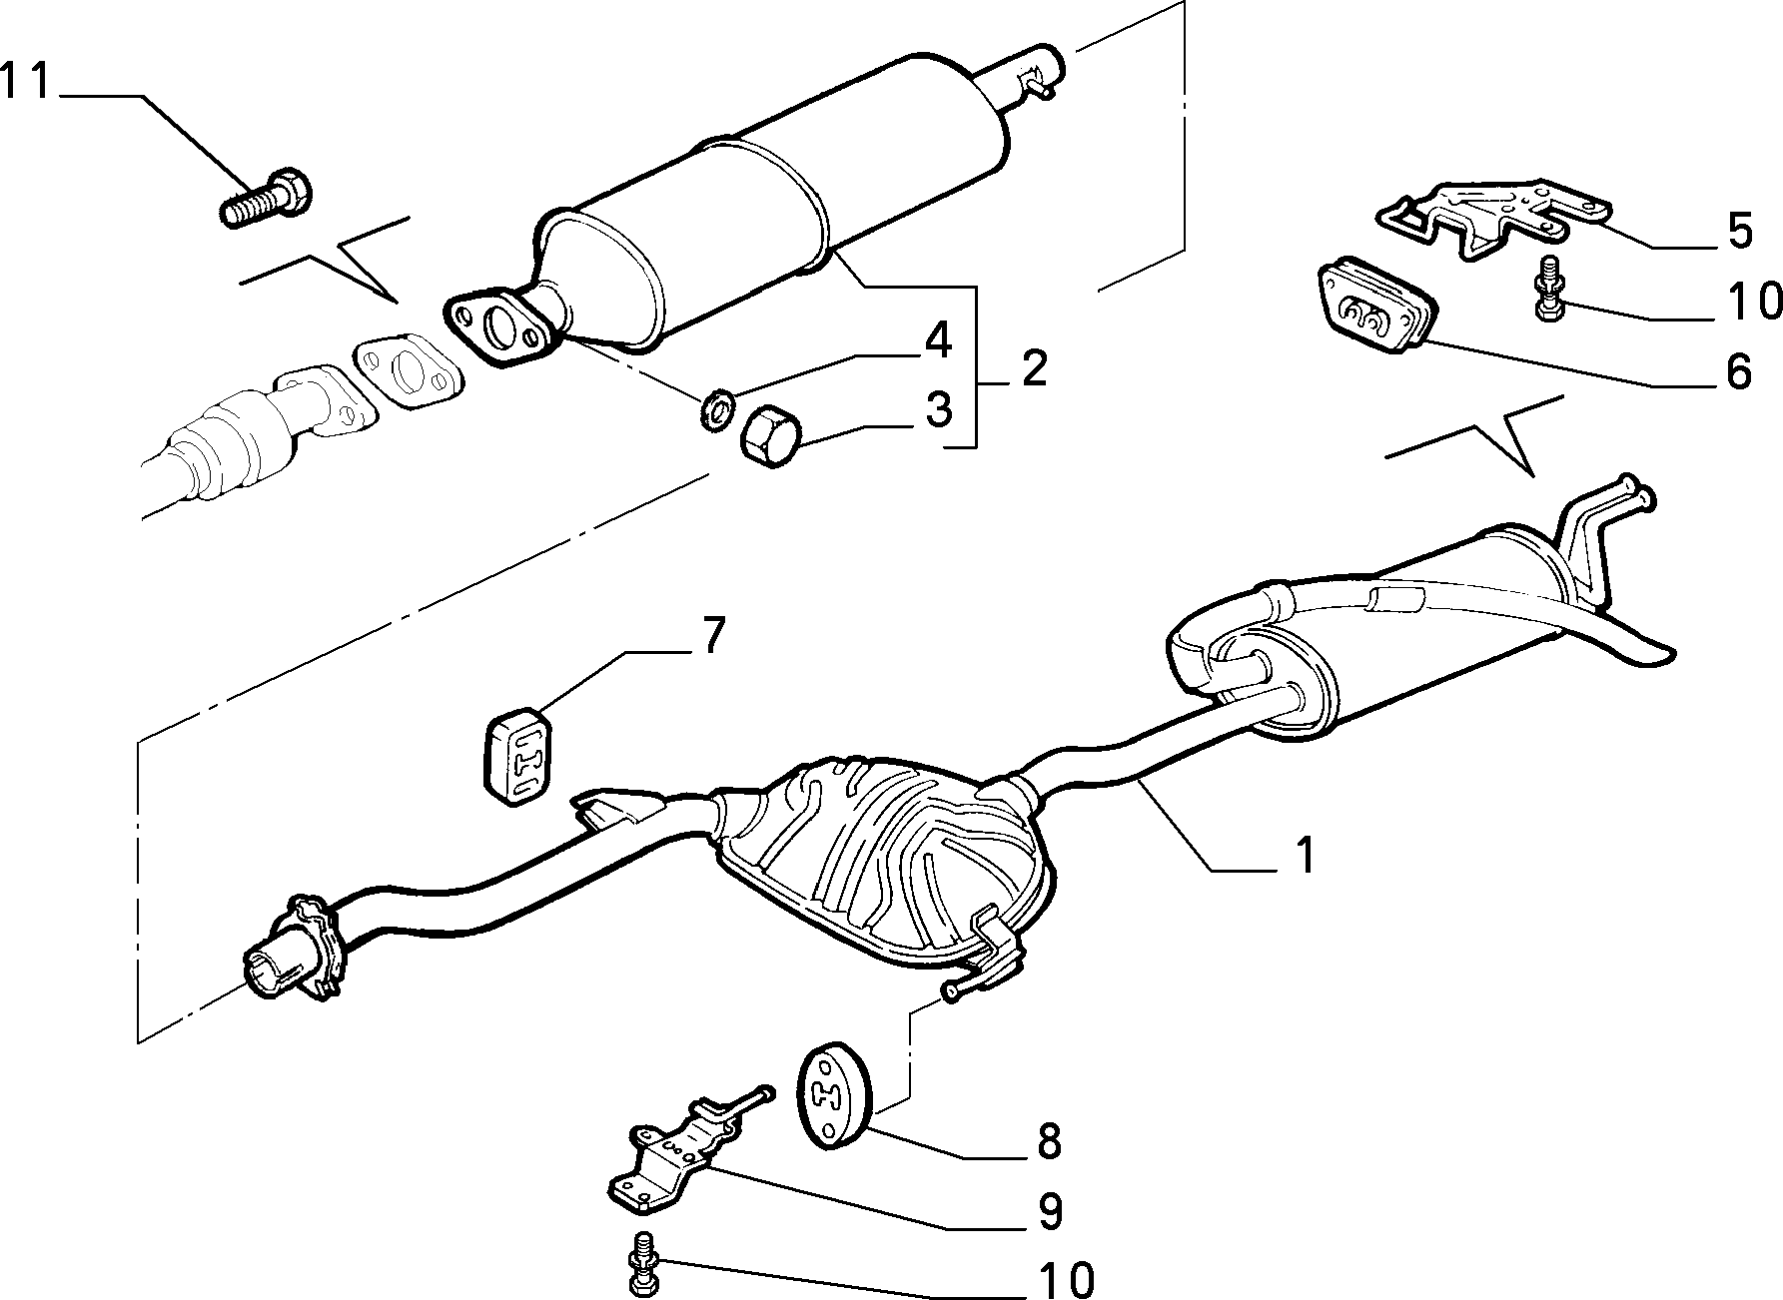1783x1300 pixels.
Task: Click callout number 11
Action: (25, 82)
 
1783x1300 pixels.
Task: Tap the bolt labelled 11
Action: (266, 200)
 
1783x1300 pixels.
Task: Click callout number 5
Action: (1739, 230)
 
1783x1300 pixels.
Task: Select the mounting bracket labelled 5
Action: (1491, 220)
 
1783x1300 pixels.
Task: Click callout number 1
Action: (1305, 855)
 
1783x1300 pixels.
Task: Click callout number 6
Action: (1739, 371)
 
